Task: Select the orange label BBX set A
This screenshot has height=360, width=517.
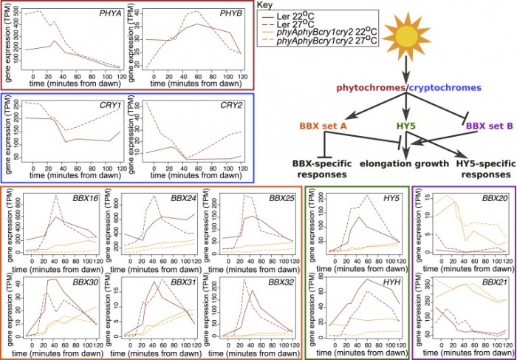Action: tap(324, 126)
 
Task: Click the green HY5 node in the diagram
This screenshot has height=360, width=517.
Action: tap(406, 126)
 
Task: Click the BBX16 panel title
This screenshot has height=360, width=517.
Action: tap(89, 200)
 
